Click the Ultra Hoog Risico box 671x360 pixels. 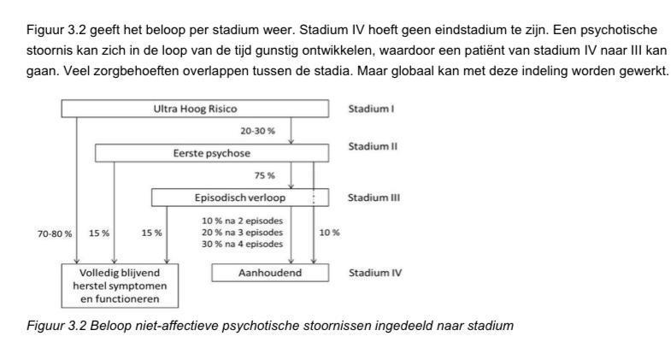[195, 109]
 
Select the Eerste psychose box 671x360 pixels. [211, 153]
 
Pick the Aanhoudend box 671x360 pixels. [270, 273]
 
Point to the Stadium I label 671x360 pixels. [372, 109]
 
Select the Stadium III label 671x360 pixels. [374, 198]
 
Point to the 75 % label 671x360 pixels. [265, 175]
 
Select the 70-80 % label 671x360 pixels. [54, 233]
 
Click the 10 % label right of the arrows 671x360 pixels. [329, 233]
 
